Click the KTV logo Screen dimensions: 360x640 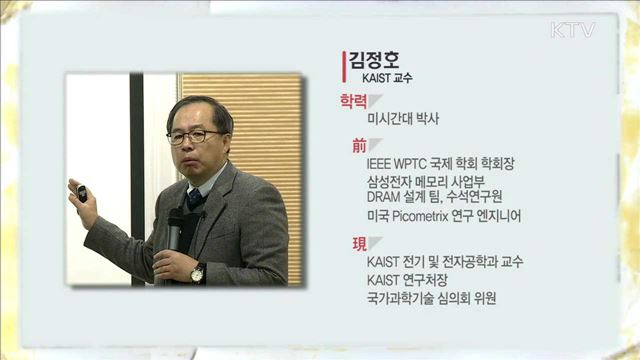click(x=572, y=30)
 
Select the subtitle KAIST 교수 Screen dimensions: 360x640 click(x=387, y=77)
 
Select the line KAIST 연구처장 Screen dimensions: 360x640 click(x=408, y=279)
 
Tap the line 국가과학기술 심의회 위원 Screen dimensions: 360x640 click(x=432, y=297)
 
